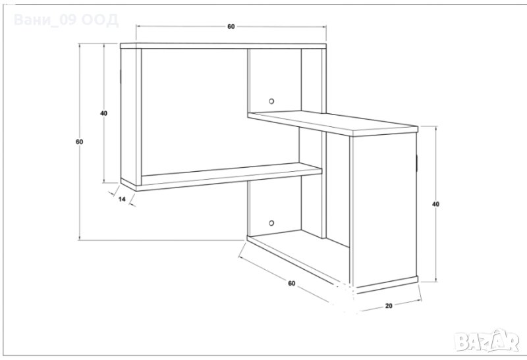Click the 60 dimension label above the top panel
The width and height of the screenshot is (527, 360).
tap(231, 26)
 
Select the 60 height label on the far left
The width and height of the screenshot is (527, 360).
tap(79, 141)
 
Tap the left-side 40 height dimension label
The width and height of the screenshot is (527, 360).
tap(104, 113)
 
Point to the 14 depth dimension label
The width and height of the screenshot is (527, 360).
tap(122, 199)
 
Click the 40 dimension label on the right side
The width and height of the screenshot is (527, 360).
tap(435, 204)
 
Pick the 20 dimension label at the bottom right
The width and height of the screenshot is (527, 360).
tap(389, 305)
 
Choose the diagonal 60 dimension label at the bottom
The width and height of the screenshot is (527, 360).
tap(292, 283)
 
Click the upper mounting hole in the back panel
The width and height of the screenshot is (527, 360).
tap(271, 101)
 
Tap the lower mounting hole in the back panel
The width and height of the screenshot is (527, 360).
tap(271, 223)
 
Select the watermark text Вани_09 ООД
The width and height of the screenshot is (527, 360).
tap(66, 20)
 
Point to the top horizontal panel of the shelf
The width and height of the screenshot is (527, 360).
tap(223, 46)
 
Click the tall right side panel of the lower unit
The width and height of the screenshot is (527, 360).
tap(383, 210)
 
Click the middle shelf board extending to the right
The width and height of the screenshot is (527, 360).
tap(333, 123)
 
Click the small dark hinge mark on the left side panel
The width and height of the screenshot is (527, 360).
tap(121, 76)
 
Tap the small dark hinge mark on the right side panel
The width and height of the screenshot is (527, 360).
tap(416, 162)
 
